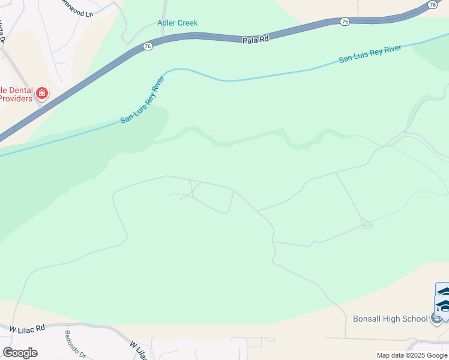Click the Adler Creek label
click(x=177, y=23)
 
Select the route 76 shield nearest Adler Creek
click(x=148, y=46)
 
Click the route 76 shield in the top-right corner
click(x=432, y=4)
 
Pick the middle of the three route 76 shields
click(x=344, y=22)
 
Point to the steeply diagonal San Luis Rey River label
click(x=142, y=100)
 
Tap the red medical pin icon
click(x=41, y=93)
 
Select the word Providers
click(x=16, y=98)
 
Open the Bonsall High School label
click(x=390, y=319)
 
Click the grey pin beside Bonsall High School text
click(x=437, y=319)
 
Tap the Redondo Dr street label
click(x=76, y=343)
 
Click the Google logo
click(x=20, y=353)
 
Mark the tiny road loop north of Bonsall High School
click(x=367, y=224)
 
